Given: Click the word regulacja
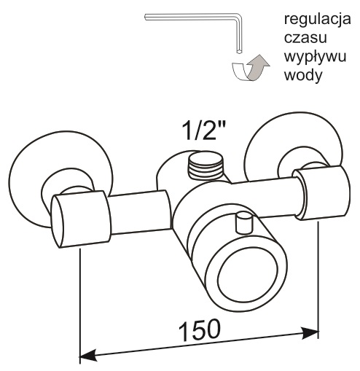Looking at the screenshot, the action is (317, 20).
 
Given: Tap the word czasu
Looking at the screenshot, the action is (305, 38).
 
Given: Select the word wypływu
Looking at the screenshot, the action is (315, 58).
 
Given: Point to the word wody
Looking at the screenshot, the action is (303, 75).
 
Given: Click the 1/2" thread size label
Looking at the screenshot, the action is (204, 130).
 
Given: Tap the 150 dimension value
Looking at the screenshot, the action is (200, 331).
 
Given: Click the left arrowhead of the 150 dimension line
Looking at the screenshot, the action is (88, 356).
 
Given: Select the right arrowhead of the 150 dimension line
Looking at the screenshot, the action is (310, 333).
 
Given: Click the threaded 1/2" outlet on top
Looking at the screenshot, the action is (206, 166).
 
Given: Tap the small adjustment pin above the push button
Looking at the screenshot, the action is (244, 222).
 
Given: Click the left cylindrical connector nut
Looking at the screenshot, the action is (81, 219).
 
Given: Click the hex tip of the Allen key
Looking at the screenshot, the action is (239, 52).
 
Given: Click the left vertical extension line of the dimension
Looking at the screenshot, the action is (80, 305).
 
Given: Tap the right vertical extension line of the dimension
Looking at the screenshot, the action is (318, 279).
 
